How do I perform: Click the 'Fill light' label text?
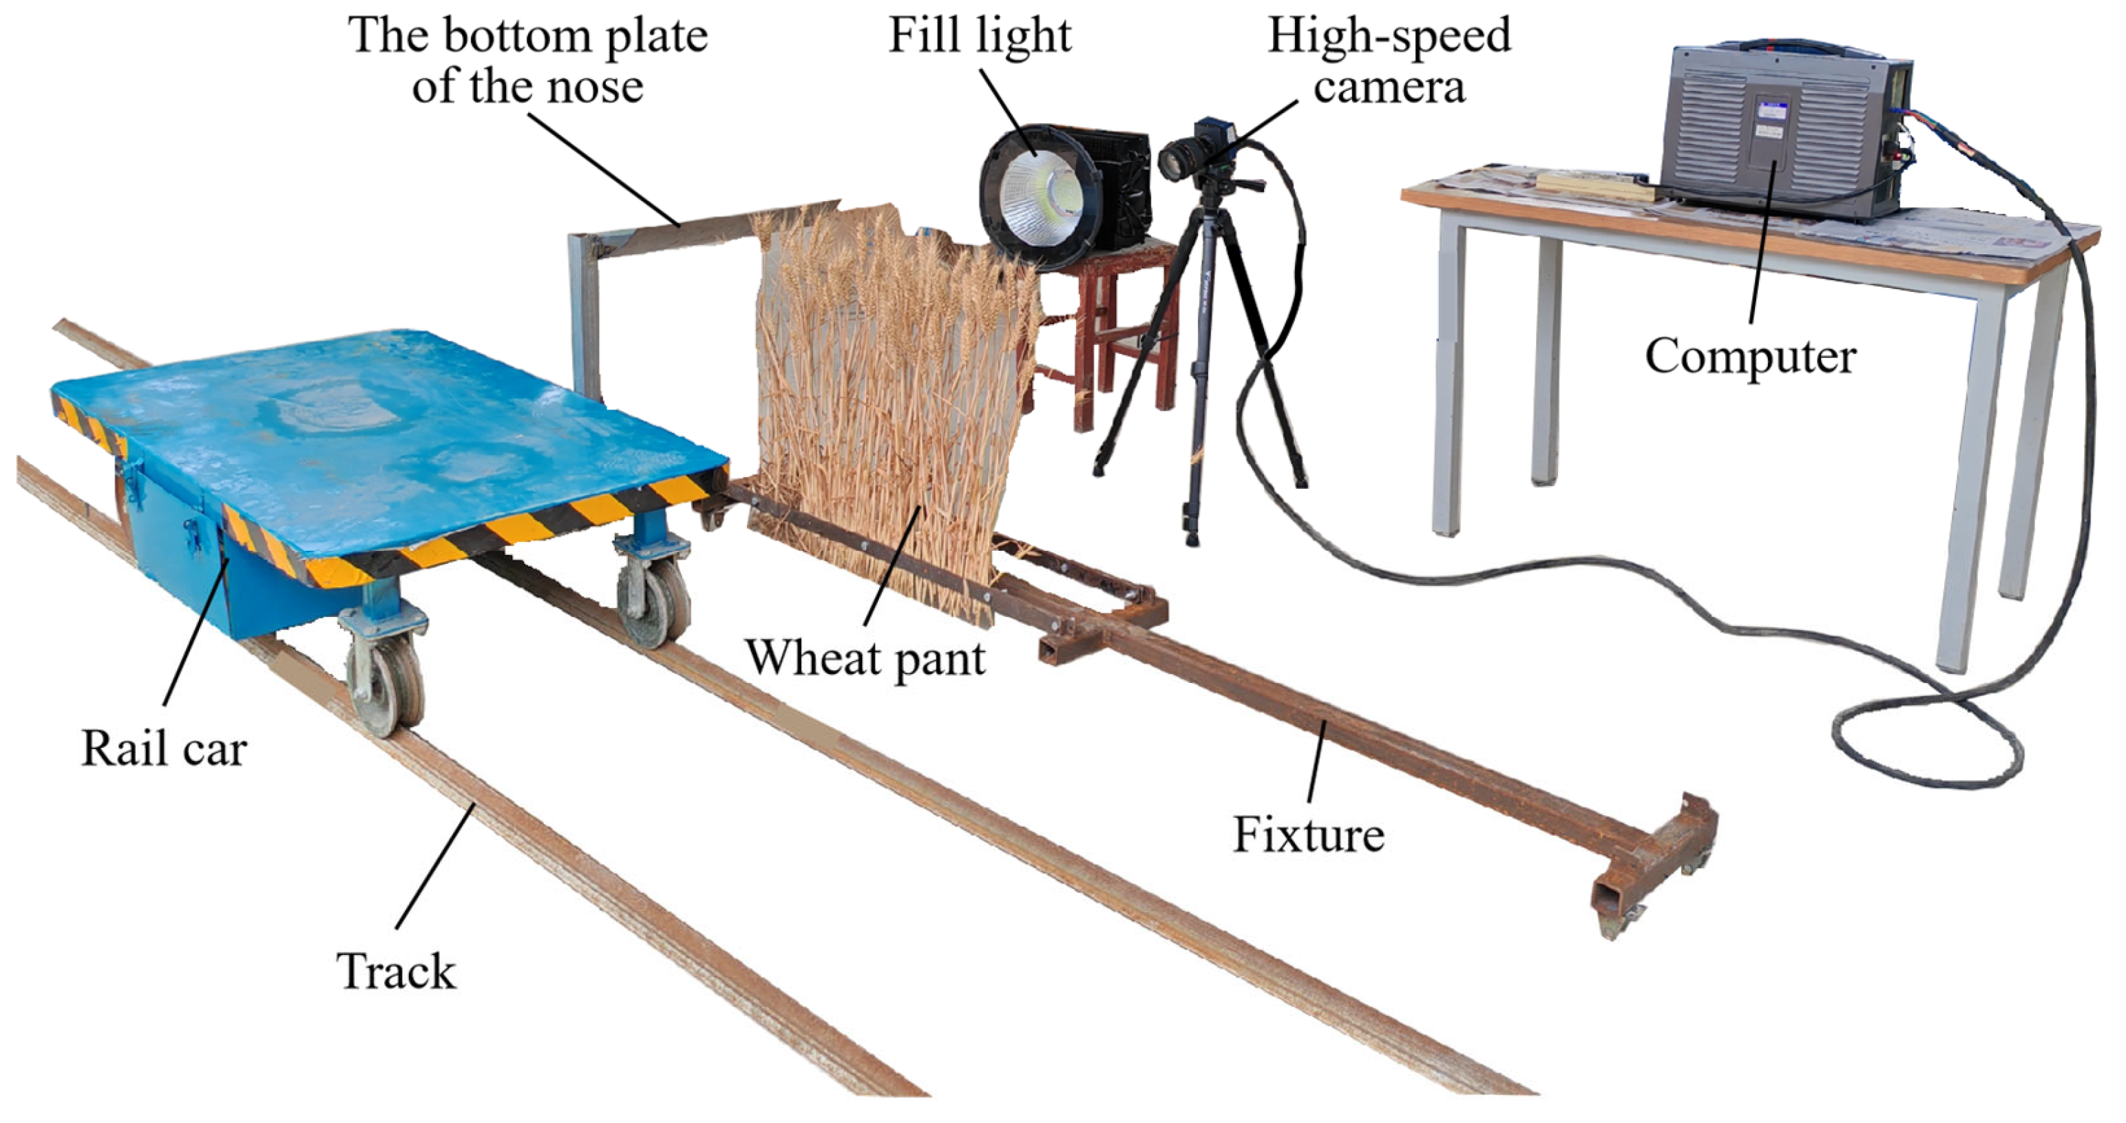click(x=979, y=36)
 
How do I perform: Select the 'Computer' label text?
click(x=1749, y=357)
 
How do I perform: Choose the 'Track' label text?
click(x=395, y=971)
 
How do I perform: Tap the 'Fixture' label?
click(x=1308, y=835)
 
